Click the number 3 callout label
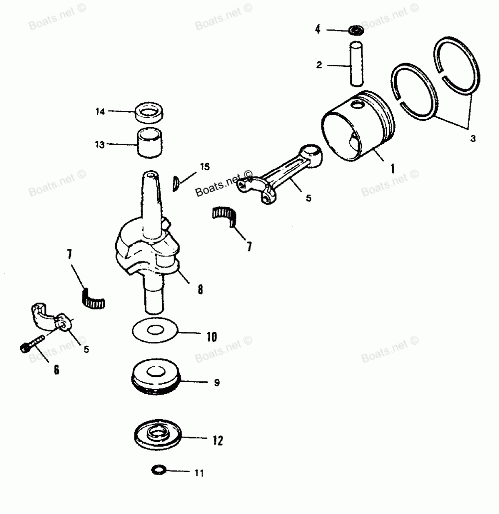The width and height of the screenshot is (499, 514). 472,139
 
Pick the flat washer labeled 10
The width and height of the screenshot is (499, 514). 155,330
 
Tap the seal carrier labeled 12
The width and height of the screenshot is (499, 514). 159,435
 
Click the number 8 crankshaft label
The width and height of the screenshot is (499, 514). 200,289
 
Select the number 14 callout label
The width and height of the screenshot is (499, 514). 100,111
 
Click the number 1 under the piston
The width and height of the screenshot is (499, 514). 392,169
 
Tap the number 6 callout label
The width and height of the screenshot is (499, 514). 56,370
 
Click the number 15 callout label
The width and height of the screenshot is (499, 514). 205,166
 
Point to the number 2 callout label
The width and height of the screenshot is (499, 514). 318,64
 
